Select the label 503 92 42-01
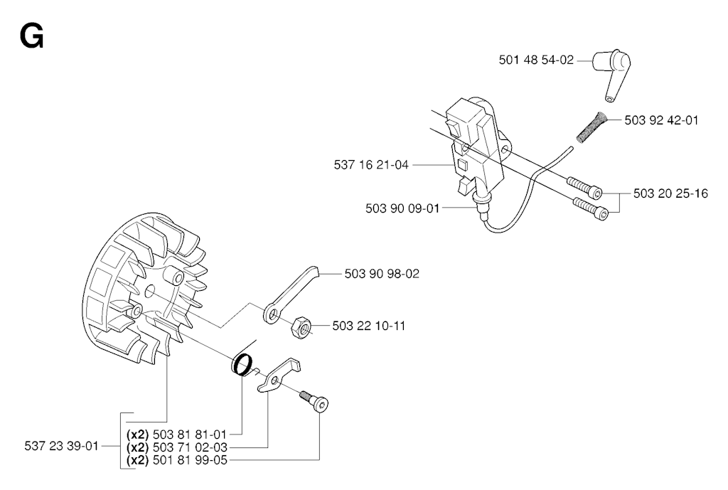(x=661, y=120)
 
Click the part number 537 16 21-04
(x=371, y=165)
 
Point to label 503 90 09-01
(x=403, y=208)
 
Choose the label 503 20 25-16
(x=671, y=193)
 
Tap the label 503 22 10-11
(x=370, y=326)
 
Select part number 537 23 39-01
(x=62, y=446)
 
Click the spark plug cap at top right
(x=614, y=70)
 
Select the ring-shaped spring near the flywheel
(x=243, y=363)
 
